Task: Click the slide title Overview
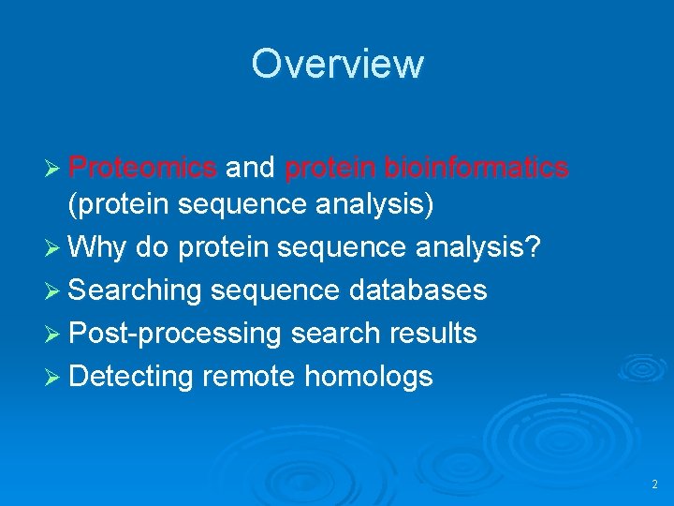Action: pos(337,64)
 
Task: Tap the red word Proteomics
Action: pos(143,168)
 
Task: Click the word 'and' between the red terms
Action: pos(251,168)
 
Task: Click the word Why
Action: pos(98,248)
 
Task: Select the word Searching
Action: pos(136,290)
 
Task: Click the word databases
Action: pos(418,290)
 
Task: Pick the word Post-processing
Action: pos(175,334)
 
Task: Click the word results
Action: pos(432,334)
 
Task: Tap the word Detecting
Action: pos(131,377)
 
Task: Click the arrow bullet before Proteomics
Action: pos(54,169)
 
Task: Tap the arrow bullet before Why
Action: pos(54,249)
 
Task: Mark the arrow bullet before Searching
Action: pos(54,291)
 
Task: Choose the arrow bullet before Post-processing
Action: pos(54,335)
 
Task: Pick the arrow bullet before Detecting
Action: pos(54,378)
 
